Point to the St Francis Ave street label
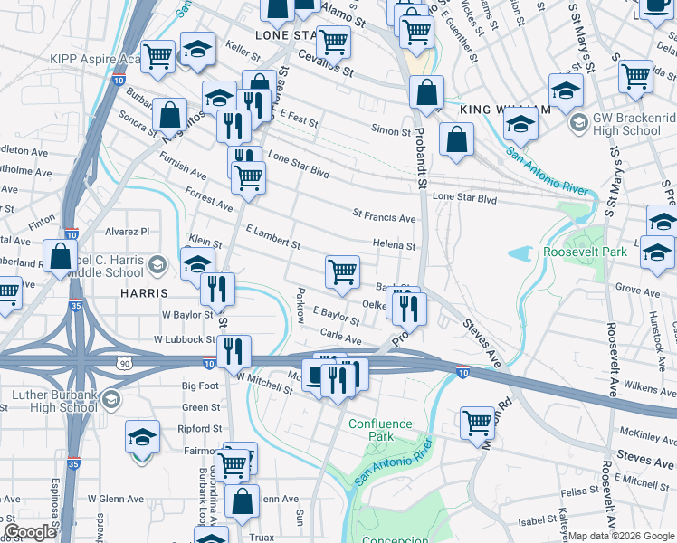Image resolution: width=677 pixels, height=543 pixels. pyautogui.click(x=384, y=218)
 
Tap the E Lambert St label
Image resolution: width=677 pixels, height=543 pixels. pyautogui.click(x=272, y=238)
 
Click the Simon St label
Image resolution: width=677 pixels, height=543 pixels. pyautogui.click(x=393, y=131)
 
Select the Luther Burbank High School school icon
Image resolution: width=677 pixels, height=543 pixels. pyautogui.click(x=110, y=399)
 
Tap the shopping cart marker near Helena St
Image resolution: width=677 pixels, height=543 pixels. pyautogui.click(x=342, y=271)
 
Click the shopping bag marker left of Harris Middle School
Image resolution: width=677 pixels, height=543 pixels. pyautogui.click(x=60, y=256)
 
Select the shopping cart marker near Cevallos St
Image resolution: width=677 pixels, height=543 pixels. pyautogui.click(x=333, y=41)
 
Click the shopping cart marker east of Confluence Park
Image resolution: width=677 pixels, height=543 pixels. pyautogui.click(x=477, y=422)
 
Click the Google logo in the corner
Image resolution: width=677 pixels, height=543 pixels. pyautogui.click(x=30, y=532)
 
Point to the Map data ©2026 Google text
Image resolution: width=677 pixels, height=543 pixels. pyautogui.click(x=622, y=536)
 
